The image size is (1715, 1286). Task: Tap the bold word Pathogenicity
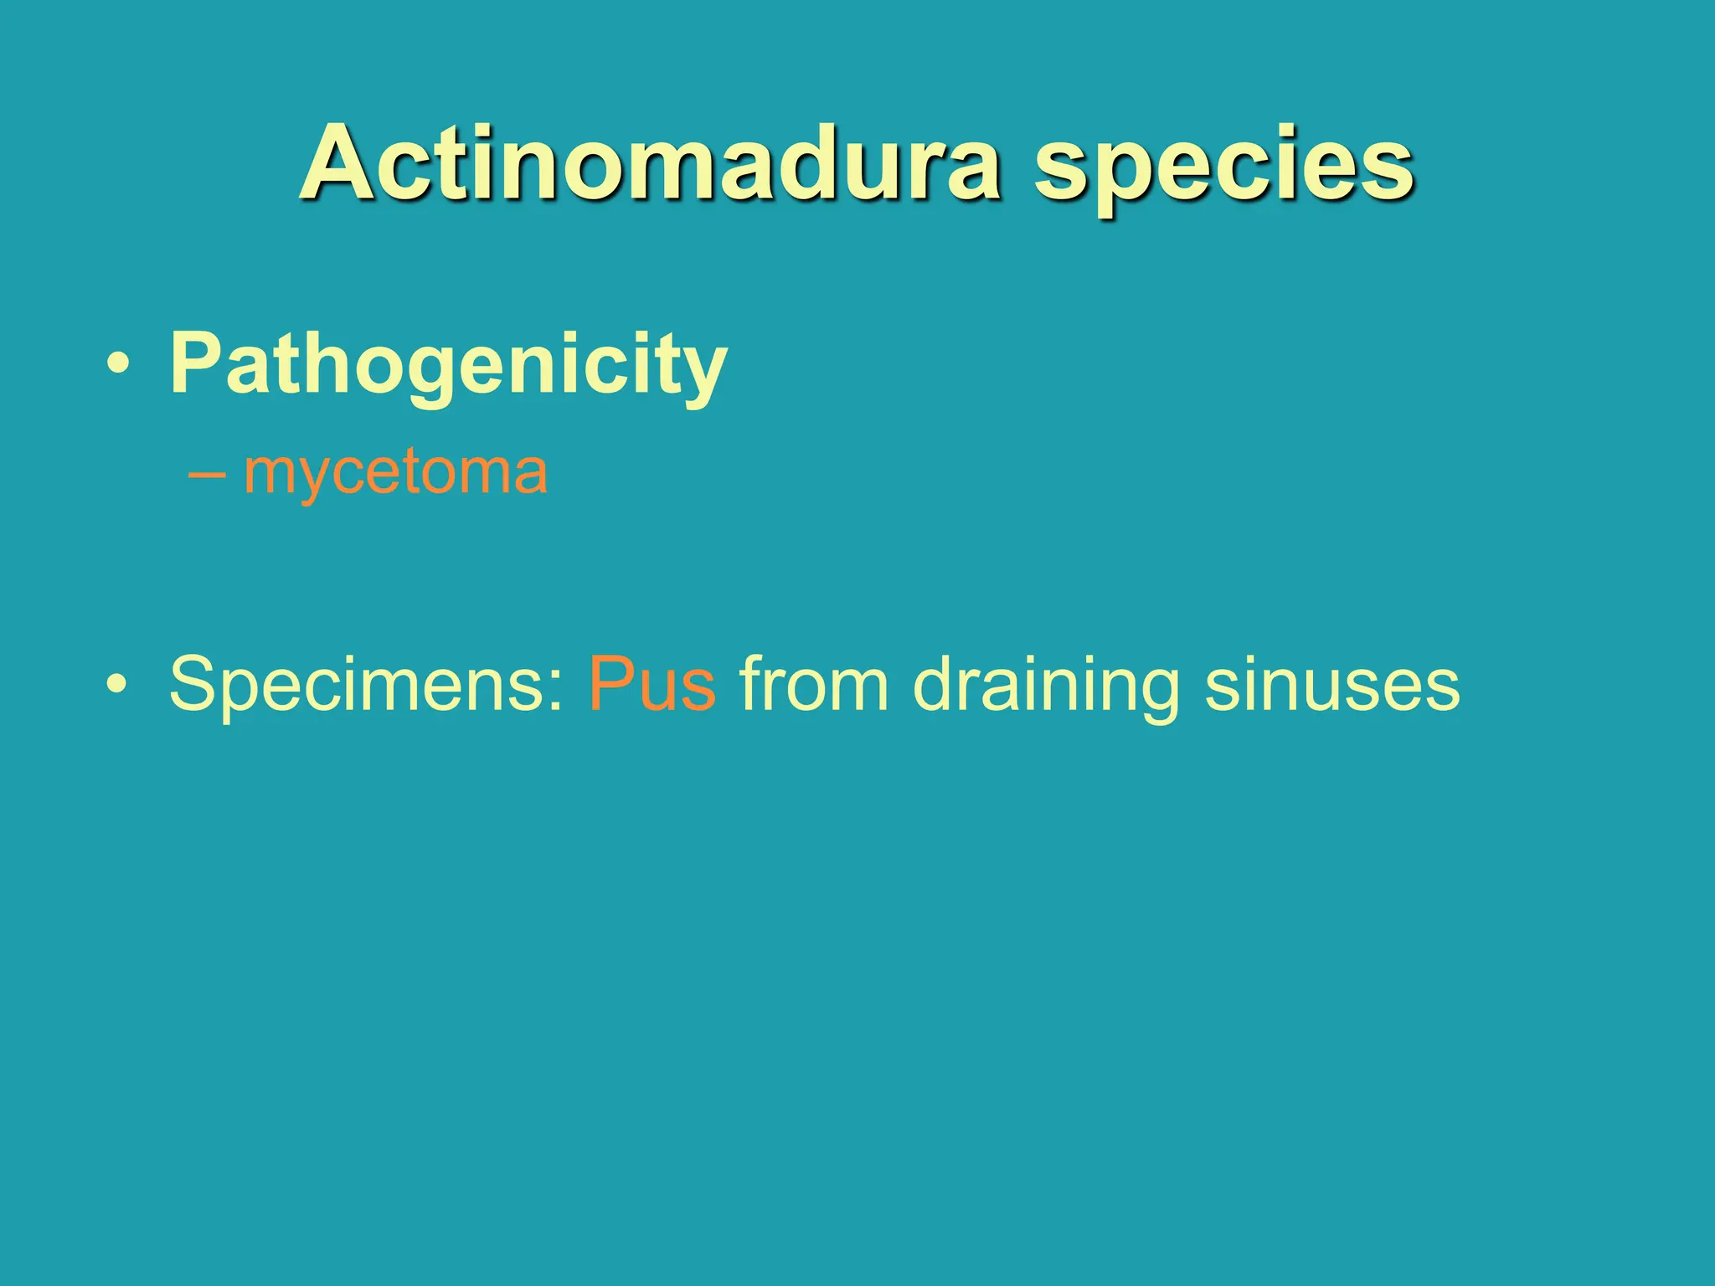tap(448, 365)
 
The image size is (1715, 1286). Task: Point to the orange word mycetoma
tap(395, 472)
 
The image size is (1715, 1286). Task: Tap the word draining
tap(1047, 685)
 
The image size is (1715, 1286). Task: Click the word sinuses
tap(1332, 685)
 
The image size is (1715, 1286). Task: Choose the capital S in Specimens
tap(196, 683)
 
